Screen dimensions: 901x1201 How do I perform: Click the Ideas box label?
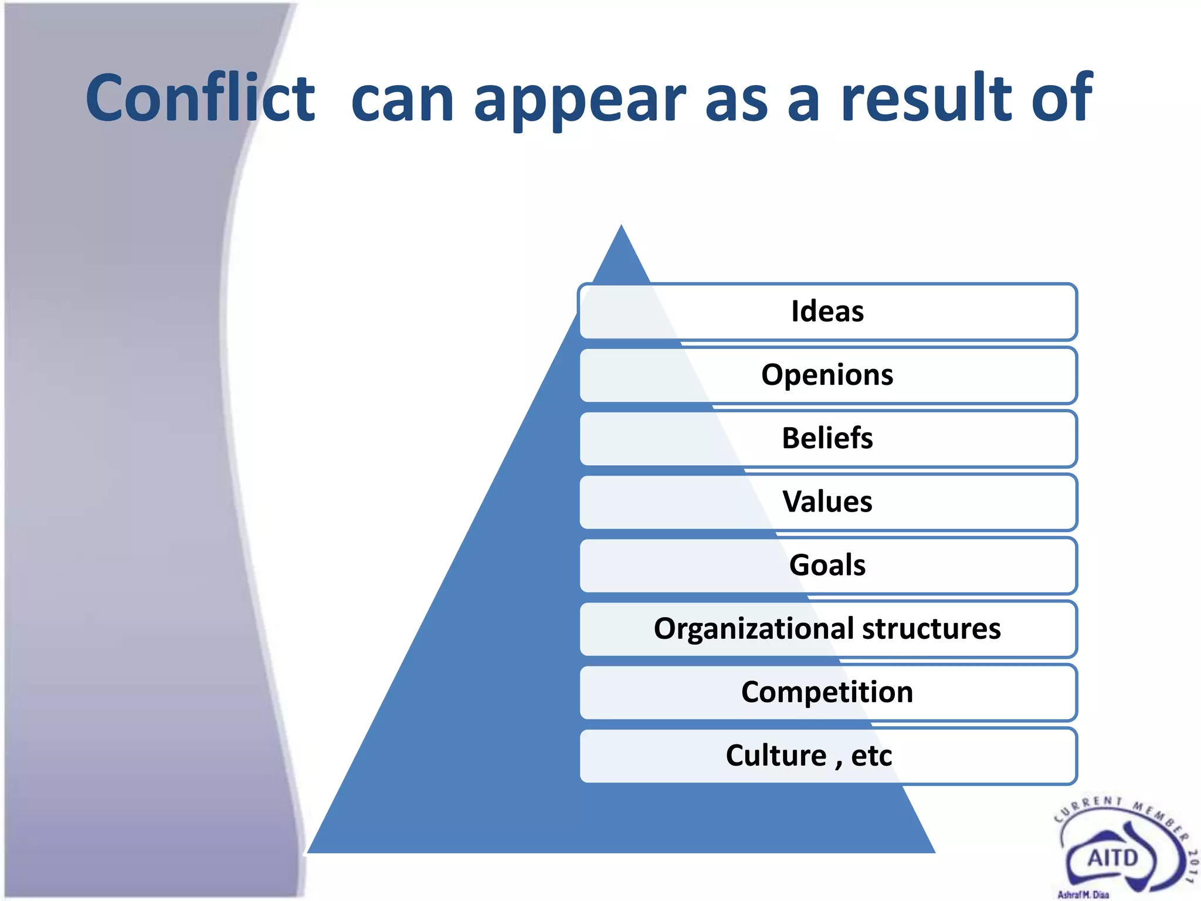tap(827, 311)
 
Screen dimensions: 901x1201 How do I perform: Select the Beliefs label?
tap(827, 438)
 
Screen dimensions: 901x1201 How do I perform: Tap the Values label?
tap(827, 502)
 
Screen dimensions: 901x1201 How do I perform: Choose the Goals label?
tap(827, 565)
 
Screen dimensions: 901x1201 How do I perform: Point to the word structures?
tap(931, 628)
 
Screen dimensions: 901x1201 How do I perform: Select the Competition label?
tap(827, 692)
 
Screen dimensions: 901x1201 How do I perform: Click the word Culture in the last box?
tap(775, 756)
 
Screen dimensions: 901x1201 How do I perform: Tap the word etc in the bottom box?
tap(871, 756)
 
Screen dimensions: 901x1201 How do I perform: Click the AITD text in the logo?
tap(1112, 859)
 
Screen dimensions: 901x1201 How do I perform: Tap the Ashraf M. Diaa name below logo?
tap(1083, 895)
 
